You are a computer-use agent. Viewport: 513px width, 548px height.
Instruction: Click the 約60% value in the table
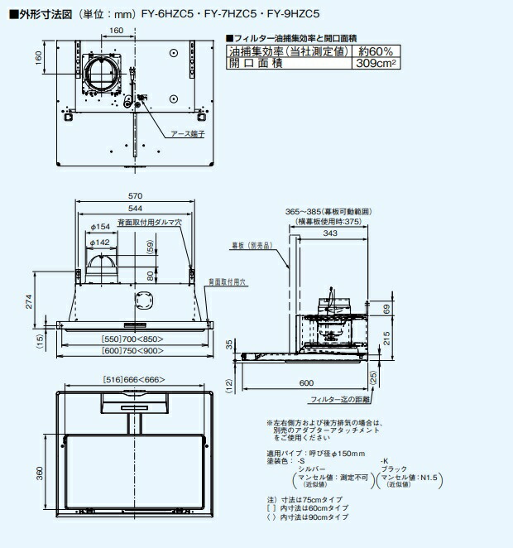click(370, 51)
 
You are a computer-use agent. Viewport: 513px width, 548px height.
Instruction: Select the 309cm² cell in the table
click(370, 63)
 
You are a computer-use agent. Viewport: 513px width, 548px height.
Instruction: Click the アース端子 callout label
click(187, 132)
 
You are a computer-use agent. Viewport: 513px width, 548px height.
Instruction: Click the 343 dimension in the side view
click(330, 233)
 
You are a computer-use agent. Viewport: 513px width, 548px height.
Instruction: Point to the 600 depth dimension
click(307, 383)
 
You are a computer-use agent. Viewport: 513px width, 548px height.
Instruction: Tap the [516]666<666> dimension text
click(134, 378)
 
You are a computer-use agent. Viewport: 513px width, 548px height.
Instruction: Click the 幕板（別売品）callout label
click(250, 246)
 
